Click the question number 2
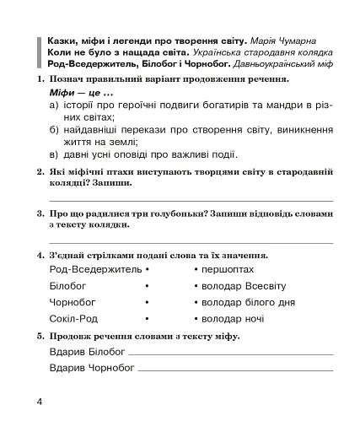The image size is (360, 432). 40,171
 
